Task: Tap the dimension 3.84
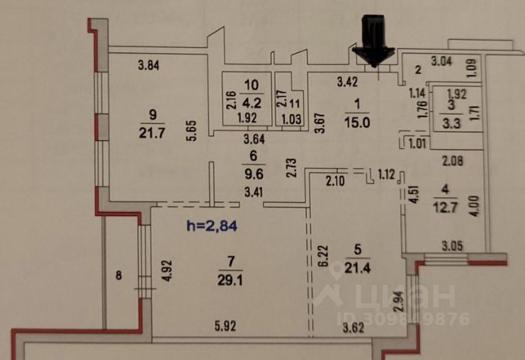pos(148,67)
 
